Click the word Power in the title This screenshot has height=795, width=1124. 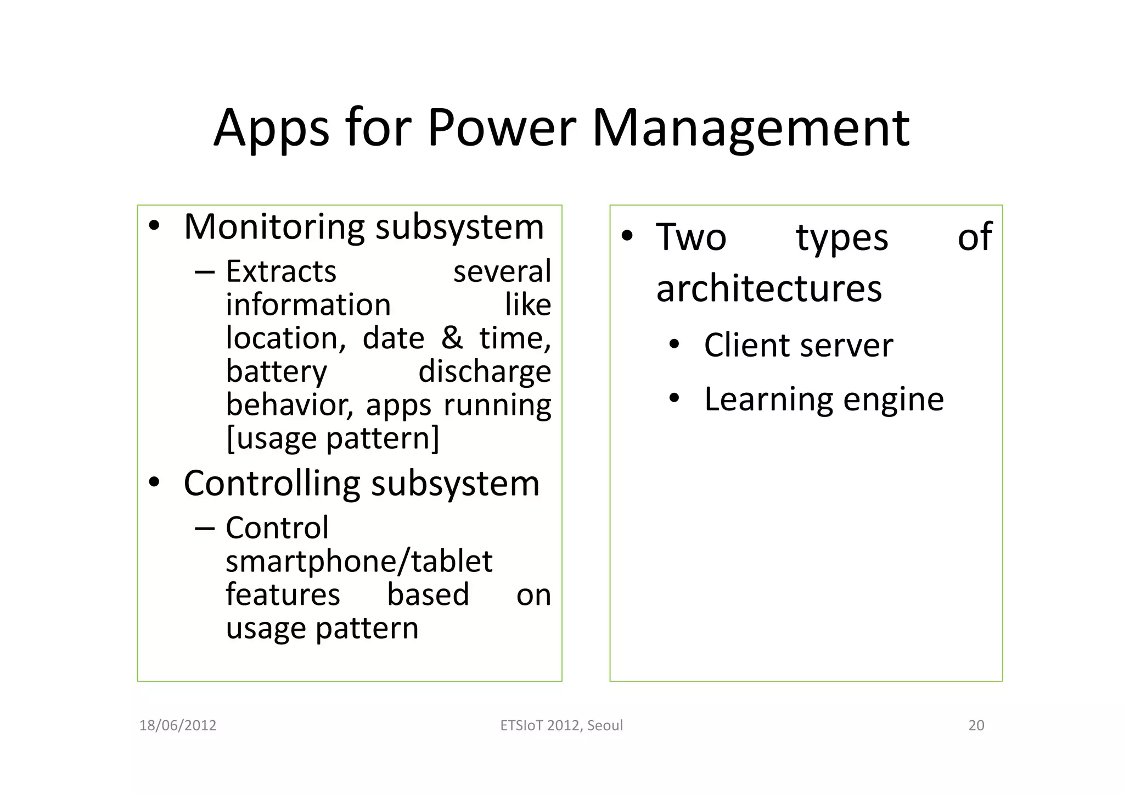(501, 128)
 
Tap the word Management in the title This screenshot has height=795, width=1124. (751, 129)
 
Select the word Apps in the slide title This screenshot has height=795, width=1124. (271, 129)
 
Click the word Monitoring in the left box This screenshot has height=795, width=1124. (274, 227)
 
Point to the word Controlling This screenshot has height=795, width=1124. (272, 483)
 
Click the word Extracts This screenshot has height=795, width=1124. (281, 271)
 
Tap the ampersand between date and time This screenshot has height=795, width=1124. (452, 338)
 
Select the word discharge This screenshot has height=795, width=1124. (485, 372)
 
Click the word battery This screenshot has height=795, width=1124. (277, 372)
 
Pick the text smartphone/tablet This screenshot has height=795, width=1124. (359, 561)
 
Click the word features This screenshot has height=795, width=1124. (283, 595)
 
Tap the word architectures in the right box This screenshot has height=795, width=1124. (769, 288)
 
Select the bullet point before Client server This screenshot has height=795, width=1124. (675, 346)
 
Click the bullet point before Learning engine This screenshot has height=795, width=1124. (675, 399)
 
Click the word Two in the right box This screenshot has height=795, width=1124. (691, 237)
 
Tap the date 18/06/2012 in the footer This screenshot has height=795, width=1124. (178, 725)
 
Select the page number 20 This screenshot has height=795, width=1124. (976, 725)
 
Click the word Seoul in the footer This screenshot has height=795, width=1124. (605, 725)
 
